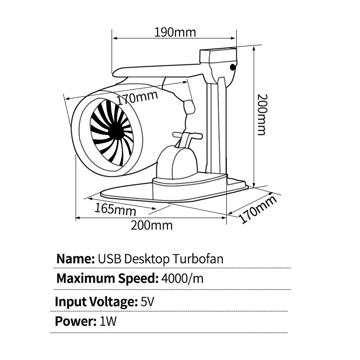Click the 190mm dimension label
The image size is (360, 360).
tap(175, 32)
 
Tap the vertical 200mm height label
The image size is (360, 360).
tap(262, 114)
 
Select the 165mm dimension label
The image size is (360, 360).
tap(115, 209)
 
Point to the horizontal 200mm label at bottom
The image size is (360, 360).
tap(152, 225)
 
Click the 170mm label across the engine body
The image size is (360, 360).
tap(137, 98)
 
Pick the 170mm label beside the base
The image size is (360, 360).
tap(257, 209)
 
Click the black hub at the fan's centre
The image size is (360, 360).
tap(116, 131)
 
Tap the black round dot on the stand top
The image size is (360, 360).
tap(233, 67)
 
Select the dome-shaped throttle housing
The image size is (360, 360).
tap(177, 162)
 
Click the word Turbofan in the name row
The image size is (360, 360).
tap(198, 259)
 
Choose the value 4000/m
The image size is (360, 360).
tap(182, 279)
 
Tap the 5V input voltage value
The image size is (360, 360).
tap(147, 301)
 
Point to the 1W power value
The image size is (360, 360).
tap(108, 321)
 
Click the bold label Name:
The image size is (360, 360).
tap(76, 259)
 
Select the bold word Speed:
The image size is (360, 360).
tap(138, 279)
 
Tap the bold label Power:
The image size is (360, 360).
tap(76, 321)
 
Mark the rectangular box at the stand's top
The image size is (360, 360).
tap(218, 55)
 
